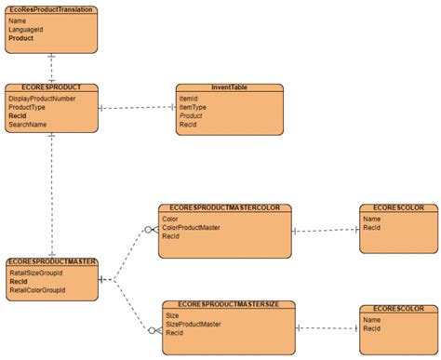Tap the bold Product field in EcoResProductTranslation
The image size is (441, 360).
(21, 38)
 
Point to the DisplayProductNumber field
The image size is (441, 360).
(42, 98)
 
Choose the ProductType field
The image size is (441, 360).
(28, 107)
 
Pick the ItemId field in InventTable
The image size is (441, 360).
(188, 98)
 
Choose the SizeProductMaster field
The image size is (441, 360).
(194, 324)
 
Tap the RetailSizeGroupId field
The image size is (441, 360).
(36, 273)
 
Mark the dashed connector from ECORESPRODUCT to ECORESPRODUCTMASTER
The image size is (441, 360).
(52, 195)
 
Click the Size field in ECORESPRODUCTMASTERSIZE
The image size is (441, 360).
(172, 315)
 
